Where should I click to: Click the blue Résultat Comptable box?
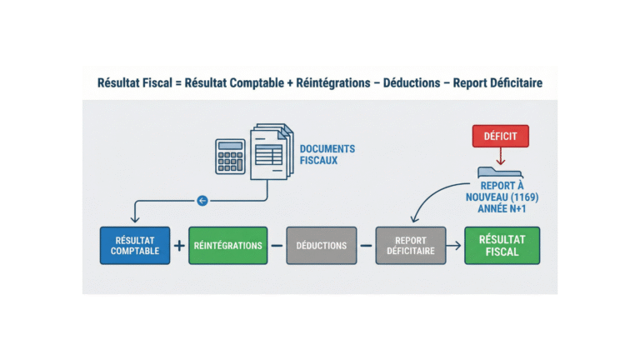[135, 245]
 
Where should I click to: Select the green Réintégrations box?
[227, 245]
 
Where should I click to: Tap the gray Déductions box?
[321, 245]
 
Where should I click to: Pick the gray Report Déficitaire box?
[410, 245]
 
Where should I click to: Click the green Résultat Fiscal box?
[502, 245]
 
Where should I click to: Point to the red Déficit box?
[501, 136]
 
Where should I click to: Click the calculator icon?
[230, 156]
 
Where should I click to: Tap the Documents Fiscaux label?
[327, 154]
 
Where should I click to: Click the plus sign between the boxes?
[179, 246]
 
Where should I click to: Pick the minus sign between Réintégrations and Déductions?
[277, 246]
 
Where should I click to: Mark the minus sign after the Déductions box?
[365, 246]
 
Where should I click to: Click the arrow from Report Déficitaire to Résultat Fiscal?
[454, 246]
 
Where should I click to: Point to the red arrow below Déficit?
[501, 157]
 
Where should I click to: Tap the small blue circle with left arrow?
[201, 200]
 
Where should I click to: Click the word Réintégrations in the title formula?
[329, 83]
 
